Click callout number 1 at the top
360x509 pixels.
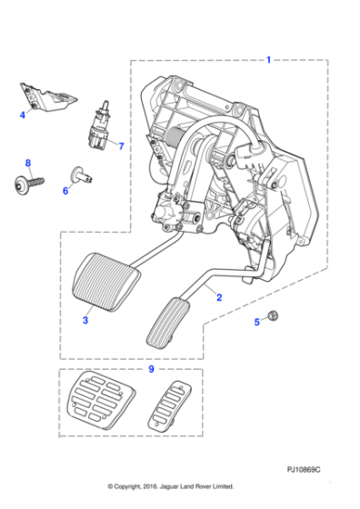267,60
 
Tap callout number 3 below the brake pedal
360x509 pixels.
85,321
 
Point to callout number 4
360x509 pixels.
23,115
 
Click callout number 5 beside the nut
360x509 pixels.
257,321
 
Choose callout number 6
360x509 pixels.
65,191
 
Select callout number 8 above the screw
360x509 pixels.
27,163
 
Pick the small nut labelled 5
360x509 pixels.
273,317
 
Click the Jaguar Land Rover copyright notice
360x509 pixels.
170,486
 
